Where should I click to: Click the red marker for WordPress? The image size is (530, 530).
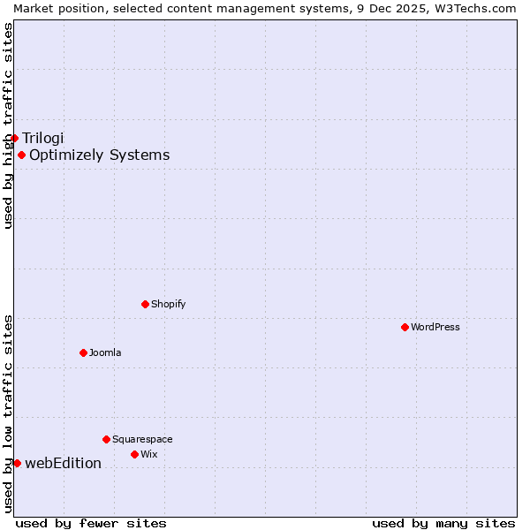pyautogui.click(x=405, y=327)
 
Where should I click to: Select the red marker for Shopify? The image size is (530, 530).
pyautogui.click(x=145, y=304)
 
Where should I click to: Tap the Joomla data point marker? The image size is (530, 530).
pyautogui.click(x=83, y=352)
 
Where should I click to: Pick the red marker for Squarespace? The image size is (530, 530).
pyautogui.click(x=106, y=439)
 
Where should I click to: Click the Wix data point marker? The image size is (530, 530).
pyautogui.click(x=134, y=454)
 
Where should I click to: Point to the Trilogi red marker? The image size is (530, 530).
pyautogui.click(x=14, y=138)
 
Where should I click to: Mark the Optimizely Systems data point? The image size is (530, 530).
pyautogui.click(x=21, y=155)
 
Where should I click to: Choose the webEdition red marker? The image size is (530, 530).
pyautogui.click(x=17, y=463)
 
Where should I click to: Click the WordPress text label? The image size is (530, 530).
pyautogui.click(x=435, y=327)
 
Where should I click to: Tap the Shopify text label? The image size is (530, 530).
pyautogui.click(x=169, y=304)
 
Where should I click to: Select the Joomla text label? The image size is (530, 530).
pyautogui.click(x=105, y=352)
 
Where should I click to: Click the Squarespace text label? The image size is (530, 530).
pyautogui.click(x=142, y=439)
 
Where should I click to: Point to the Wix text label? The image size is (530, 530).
pyautogui.click(x=149, y=454)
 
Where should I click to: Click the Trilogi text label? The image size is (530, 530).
pyautogui.click(x=43, y=138)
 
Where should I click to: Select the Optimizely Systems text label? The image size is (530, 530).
pyautogui.click(x=100, y=155)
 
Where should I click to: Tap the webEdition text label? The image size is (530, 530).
pyautogui.click(x=64, y=463)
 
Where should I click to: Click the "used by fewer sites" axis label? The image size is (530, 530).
pyautogui.click(x=91, y=523)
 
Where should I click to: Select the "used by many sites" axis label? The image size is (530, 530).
pyautogui.click(x=443, y=523)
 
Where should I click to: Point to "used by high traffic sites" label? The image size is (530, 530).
pyautogui.click(x=8, y=125)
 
